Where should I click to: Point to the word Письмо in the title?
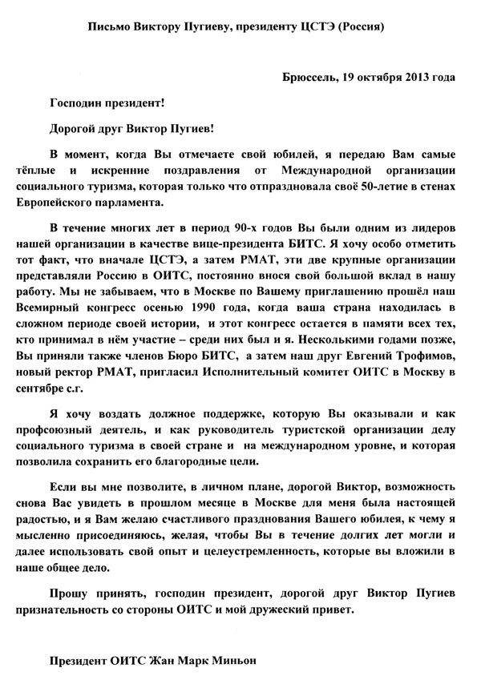(x=109, y=27)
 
